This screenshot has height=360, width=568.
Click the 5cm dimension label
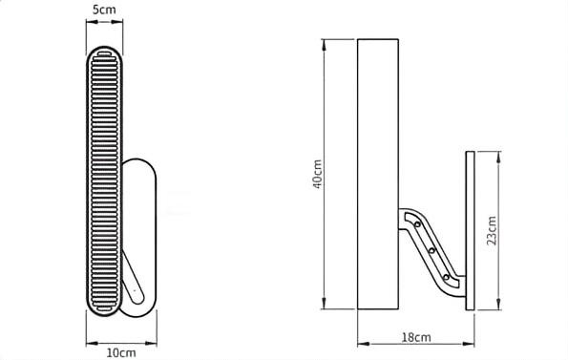(104, 10)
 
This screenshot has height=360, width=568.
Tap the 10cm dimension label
(121, 352)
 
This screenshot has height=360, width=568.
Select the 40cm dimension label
(317, 174)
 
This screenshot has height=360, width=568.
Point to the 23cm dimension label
(492, 231)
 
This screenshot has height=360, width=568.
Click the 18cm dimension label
(416, 337)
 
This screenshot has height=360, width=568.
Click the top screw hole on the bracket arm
(417, 224)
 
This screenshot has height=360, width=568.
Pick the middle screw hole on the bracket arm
(431, 250)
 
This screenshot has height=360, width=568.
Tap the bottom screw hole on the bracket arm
(447, 278)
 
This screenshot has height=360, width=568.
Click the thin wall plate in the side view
(470, 231)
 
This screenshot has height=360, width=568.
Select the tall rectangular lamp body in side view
(378, 174)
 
